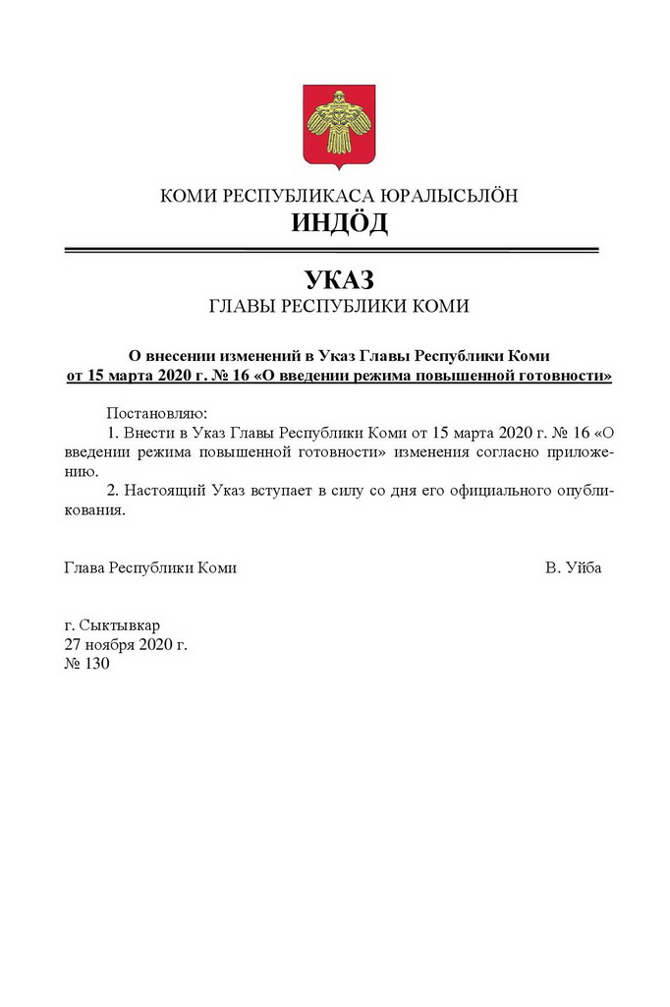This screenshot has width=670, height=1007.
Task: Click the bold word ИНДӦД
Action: tap(339, 223)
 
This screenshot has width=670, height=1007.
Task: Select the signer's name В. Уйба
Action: tap(574, 567)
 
